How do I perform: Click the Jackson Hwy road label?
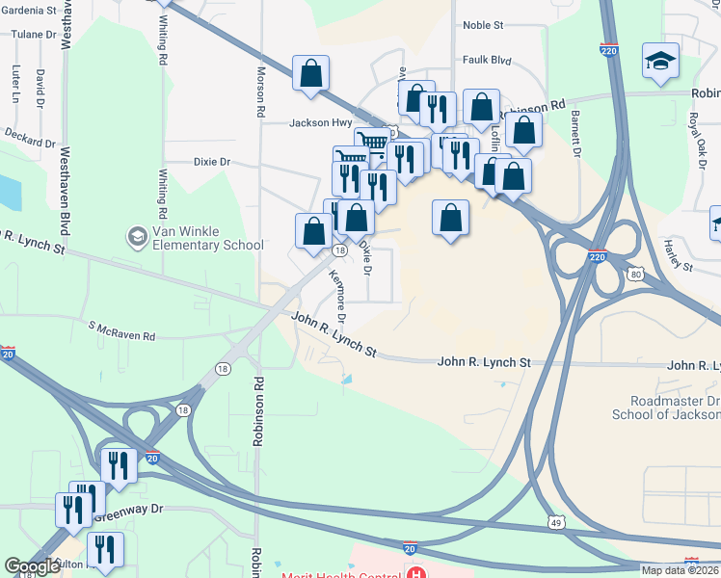(321, 122)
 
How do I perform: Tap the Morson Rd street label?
(260, 92)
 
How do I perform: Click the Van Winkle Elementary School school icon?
(137, 236)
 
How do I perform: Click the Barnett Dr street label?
(575, 134)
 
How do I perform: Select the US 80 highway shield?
(632, 274)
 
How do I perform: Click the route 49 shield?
(558, 525)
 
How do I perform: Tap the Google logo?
(33, 566)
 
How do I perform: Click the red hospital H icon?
(415, 575)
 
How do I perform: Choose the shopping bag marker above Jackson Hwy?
(310, 74)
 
